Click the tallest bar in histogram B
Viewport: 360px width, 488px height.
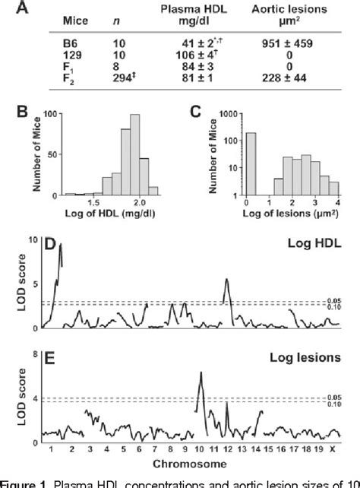click(x=135, y=151)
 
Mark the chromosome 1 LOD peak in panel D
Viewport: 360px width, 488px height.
click(x=59, y=245)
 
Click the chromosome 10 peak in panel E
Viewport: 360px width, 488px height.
click(x=201, y=372)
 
